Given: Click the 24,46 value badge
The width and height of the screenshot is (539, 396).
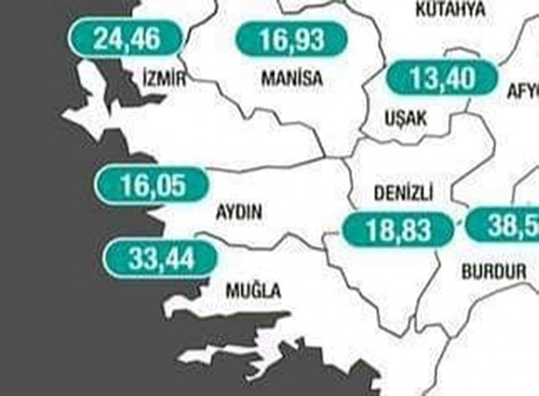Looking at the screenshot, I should (127, 39).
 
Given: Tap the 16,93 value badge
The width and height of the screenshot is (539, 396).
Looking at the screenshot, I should (292, 40).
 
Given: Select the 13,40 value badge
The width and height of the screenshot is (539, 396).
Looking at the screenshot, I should (442, 79).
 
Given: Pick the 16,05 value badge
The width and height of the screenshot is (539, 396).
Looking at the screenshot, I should (153, 185).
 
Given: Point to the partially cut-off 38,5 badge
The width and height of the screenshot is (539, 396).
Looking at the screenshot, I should (503, 224).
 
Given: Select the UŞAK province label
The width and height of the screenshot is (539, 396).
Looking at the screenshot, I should (406, 119).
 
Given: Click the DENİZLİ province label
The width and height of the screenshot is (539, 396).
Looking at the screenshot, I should (403, 194).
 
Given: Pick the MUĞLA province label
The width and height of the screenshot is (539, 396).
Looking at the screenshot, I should (253, 291).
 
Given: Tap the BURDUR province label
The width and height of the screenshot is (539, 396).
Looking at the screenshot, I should (494, 271).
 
